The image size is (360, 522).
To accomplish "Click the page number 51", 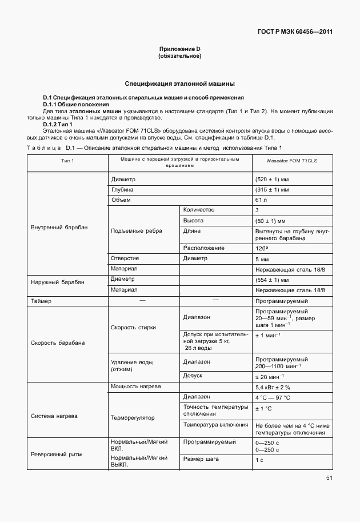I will click(x=329, y=478).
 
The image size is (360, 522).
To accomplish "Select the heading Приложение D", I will click(x=180, y=50).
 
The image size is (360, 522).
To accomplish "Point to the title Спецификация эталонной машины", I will click(x=180, y=83).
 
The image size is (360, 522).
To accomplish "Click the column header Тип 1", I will click(x=67, y=162).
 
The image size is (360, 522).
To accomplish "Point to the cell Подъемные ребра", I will click(x=137, y=231).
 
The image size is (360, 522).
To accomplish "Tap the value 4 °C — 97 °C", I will click(x=273, y=397).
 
